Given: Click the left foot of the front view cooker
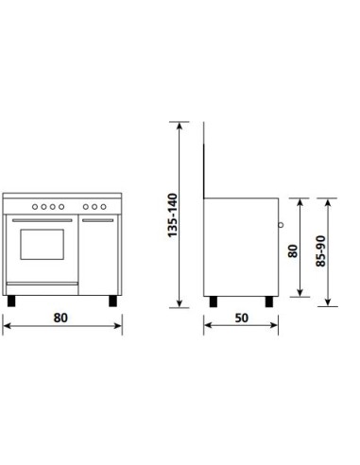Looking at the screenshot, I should click(12, 301).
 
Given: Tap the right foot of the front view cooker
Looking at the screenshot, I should click(112, 301).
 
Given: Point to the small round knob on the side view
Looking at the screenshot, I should click(280, 225).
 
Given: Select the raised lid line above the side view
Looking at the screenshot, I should click(208, 161).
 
